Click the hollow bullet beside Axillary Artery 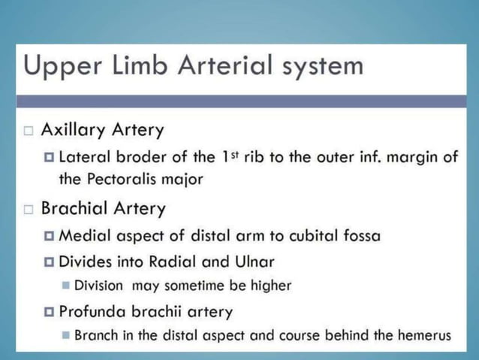click(x=29, y=131)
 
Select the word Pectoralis click(x=125, y=180)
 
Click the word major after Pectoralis click(x=179, y=180)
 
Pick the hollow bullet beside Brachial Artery click(x=29, y=208)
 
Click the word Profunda click(x=92, y=311)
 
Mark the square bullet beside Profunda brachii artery click(x=50, y=311)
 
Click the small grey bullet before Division click(x=66, y=286)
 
